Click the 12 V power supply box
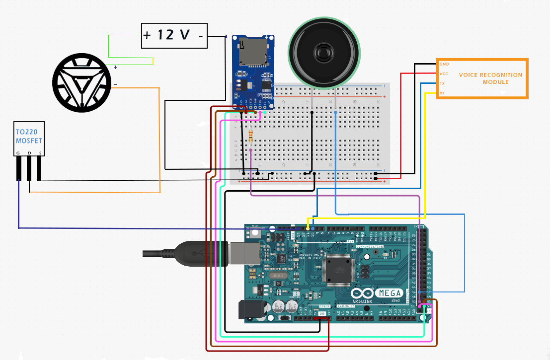click(174, 35)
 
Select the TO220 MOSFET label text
click(29, 137)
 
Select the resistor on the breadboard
click(250, 135)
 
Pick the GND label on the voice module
click(444, 64)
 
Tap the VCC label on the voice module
click(444, 73)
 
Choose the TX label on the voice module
click(442, 83)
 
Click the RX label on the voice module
click(442, 93)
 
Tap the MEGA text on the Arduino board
click(391, 293)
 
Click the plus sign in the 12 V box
click(147, 36)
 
